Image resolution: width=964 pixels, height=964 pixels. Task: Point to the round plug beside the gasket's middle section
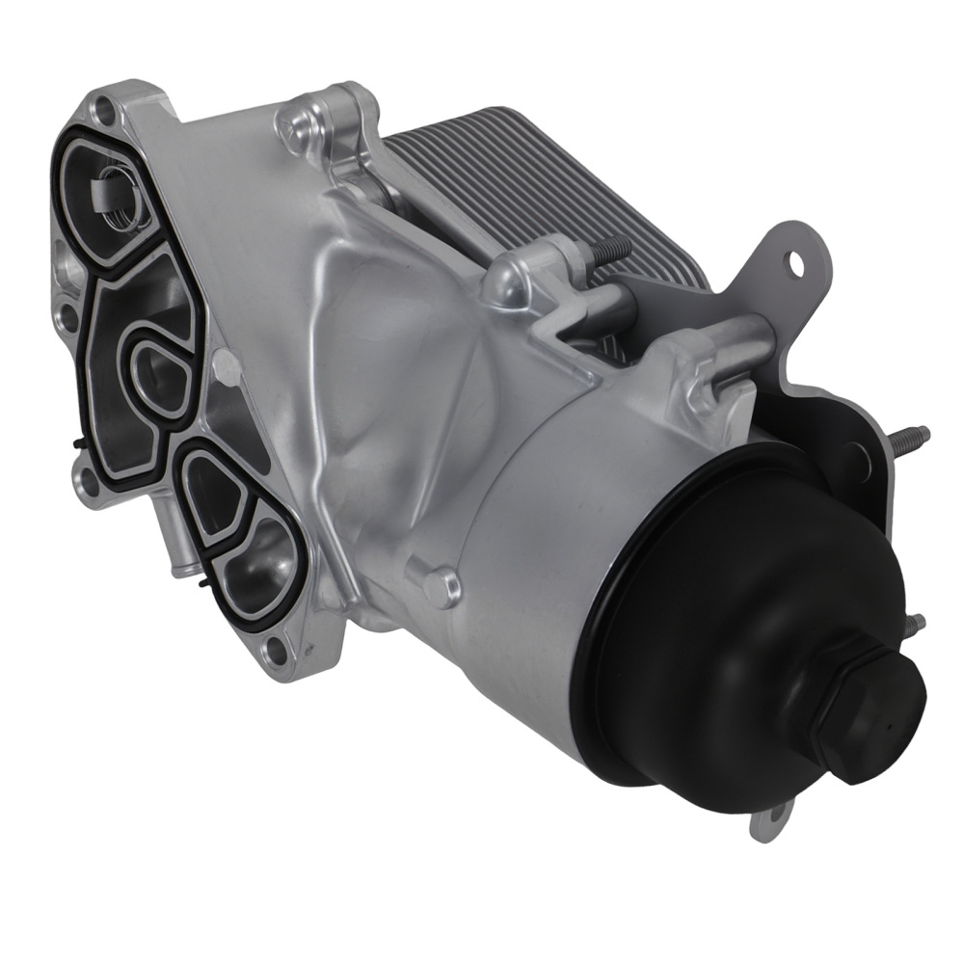click(224, 366)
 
